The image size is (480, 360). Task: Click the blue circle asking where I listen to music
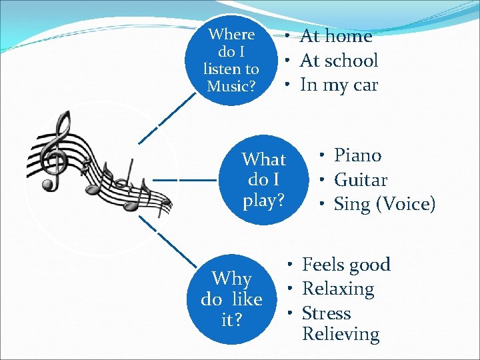[231, 60]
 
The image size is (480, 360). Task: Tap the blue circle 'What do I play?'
[263, 179]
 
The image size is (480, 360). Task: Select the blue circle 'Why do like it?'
[231, 299]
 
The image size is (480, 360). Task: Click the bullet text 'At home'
[336, 35]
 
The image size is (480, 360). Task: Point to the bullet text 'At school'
[339, 61]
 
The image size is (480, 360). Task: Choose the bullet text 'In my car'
[339, 85]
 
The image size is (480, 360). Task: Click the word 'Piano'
[357, 155]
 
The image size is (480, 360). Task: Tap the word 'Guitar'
[360, 180]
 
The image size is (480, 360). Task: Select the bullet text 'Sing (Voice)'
[384, 204]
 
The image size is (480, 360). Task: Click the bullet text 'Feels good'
[346, 265]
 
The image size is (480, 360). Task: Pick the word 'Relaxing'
[338, 289]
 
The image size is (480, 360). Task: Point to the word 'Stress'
[326, 313]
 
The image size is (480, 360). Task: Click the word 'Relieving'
[340, 334]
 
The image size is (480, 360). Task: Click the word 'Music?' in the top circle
[231, 86]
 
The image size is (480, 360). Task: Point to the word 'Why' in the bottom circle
[231, 279]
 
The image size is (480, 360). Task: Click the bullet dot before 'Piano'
[321, 156]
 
